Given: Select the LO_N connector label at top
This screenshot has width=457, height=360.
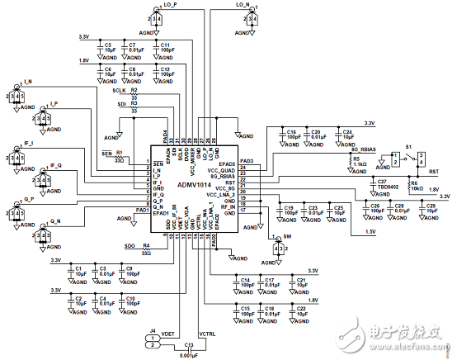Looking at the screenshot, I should point(244,4).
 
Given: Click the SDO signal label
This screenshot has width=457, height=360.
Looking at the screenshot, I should point(130,246).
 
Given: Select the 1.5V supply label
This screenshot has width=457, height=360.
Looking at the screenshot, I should point(369,233).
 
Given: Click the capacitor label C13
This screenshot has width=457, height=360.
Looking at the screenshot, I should point(189,344).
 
